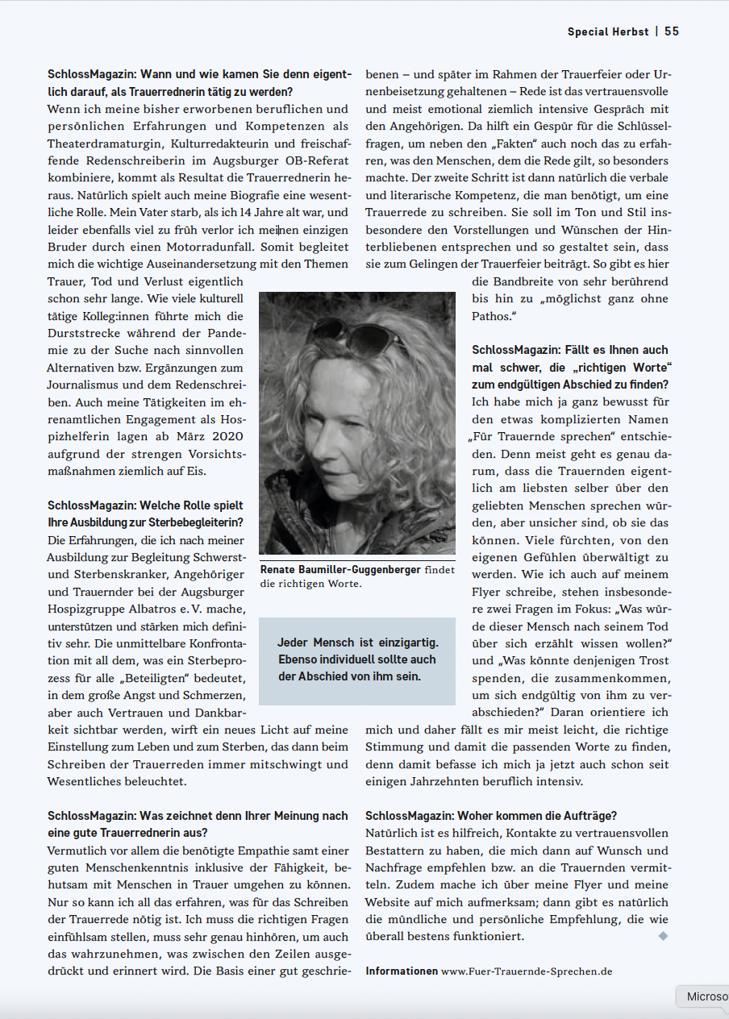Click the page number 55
click(672, 31)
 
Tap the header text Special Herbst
click(608, 31)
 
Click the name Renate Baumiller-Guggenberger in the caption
click(340, 570)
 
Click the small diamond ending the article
click(664, 936)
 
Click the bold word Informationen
click(402, 971)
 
